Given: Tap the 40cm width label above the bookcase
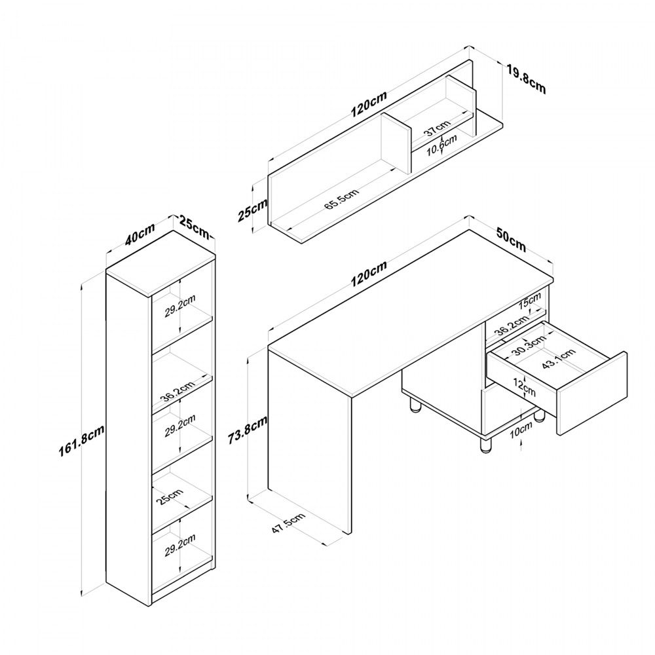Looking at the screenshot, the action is pyautogui.click(x=140, y=234).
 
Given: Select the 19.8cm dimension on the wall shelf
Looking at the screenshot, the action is pyautogui.click(x=526, y=79).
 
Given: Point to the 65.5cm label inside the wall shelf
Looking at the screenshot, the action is pyautogui.click(x=341, y=200).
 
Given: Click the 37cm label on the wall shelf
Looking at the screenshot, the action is pyautogui.click(x=438, y=128).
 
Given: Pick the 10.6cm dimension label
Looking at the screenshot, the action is pyautogui.click(x=441, y=145).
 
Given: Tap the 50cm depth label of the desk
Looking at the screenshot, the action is pyautogui.click(x=511, y=240).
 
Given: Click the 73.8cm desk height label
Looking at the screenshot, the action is pyautogui.click(x=248, y=430).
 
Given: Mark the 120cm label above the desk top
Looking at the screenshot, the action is pyautogui.click(x=369, y=273).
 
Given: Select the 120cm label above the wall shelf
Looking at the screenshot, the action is pyautogui.click(x=369, y=103).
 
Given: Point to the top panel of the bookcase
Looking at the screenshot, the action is pyautogui.click(x=160, y=263).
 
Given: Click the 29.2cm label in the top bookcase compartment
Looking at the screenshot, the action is pyautogui.click(x=180, y=306).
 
